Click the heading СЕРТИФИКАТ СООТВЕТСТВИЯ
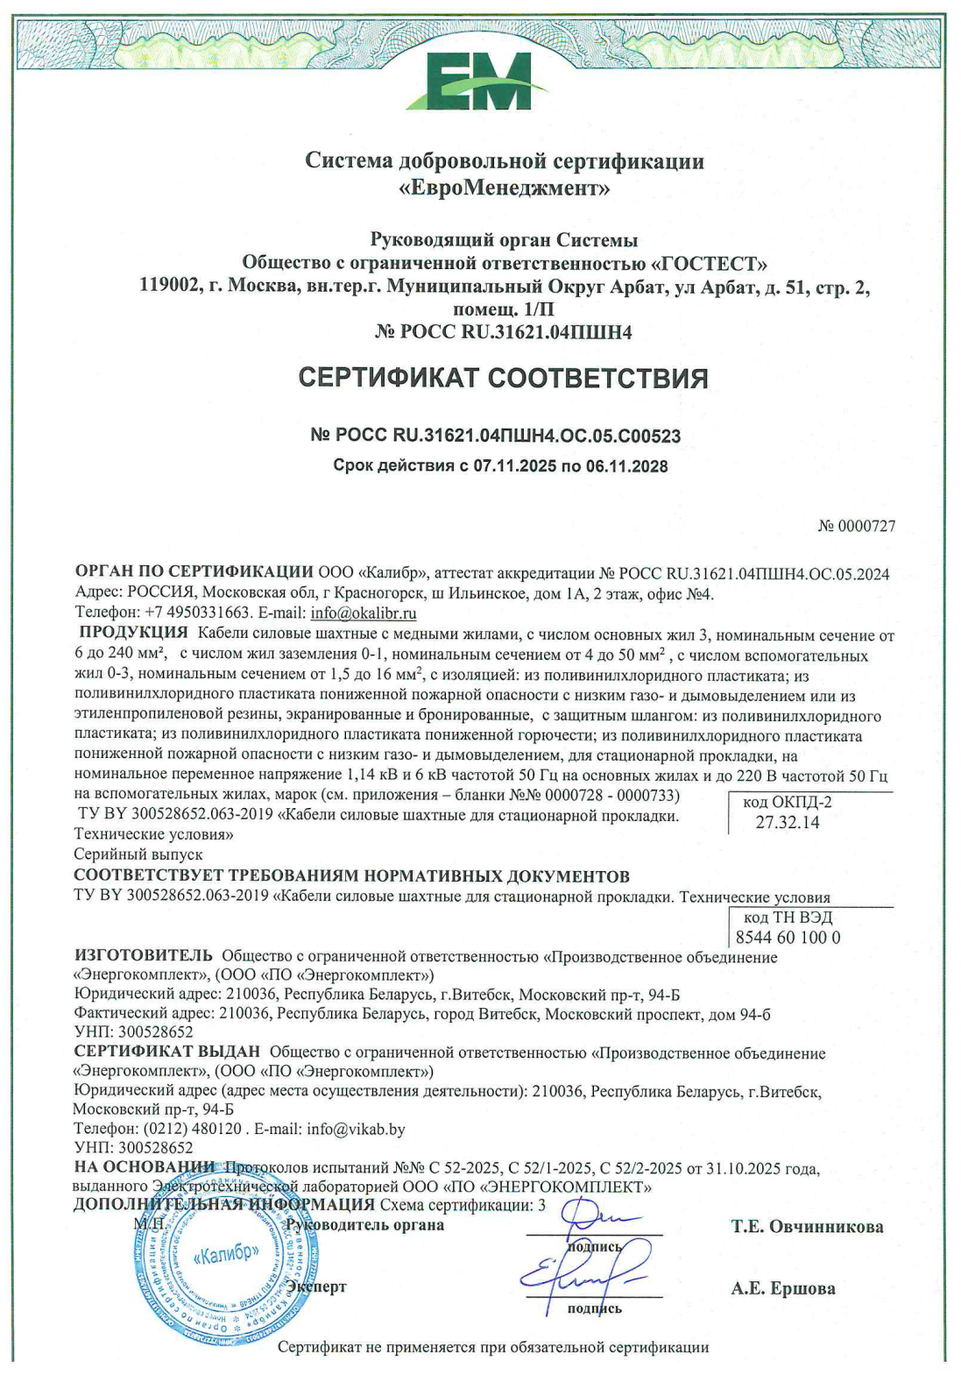tap(503, 378)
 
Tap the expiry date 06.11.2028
tap(626, 466)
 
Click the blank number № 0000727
tap(856, 526)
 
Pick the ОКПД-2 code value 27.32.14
tap(788, 822)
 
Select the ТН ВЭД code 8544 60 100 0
tap(788, 937)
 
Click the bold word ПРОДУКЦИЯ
tap(133, 633)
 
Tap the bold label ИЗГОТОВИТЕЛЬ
tap(143, 955)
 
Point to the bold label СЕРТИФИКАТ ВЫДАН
tap(166, 1052)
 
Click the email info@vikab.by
tap(356, 1129)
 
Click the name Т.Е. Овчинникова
tap(807, 1227)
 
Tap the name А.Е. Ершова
tap(782, 1288)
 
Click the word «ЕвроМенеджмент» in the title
tap(504, 188)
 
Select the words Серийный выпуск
tap(138, 854)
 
